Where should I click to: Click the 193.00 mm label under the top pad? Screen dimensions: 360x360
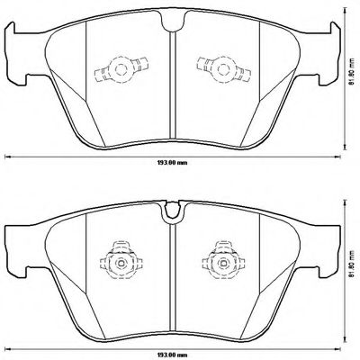[x=173, y=163]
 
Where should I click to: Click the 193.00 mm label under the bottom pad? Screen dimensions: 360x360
[x=173, y=355]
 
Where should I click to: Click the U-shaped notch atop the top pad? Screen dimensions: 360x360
[x=173, y=21]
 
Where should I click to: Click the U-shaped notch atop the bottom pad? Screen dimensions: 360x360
[x=173, y=212]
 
